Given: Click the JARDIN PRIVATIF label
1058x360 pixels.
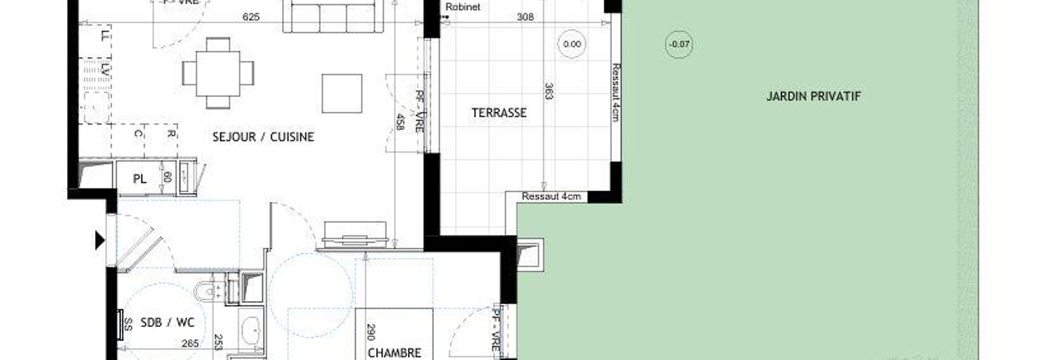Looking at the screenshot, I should (813, 96).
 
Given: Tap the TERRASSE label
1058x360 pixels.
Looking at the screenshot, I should (499, 112).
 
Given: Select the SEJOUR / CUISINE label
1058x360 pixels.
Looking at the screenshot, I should (263, 137).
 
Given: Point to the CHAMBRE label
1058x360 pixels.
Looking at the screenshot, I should (394, 353).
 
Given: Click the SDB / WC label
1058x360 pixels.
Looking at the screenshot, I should (167, 322).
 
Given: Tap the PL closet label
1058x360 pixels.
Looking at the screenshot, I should (140, 179).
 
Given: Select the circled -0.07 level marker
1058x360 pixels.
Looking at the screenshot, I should (680, 45).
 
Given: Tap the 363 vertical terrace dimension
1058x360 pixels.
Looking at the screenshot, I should (549, 91).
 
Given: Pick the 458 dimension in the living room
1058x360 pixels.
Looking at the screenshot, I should (400, 122).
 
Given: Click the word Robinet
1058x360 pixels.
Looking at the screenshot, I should (458, 8).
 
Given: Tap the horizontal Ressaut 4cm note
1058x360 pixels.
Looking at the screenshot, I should (552, 196).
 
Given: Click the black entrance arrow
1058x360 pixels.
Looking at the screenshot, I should (100, 241).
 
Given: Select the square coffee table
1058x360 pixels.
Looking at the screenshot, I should (342, 93).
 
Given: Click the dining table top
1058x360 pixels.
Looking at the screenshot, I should (218, 73).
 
